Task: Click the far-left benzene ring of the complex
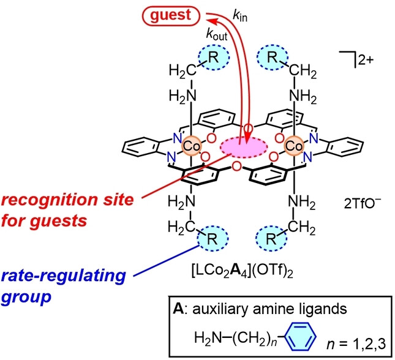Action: (x=141, y=146)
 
